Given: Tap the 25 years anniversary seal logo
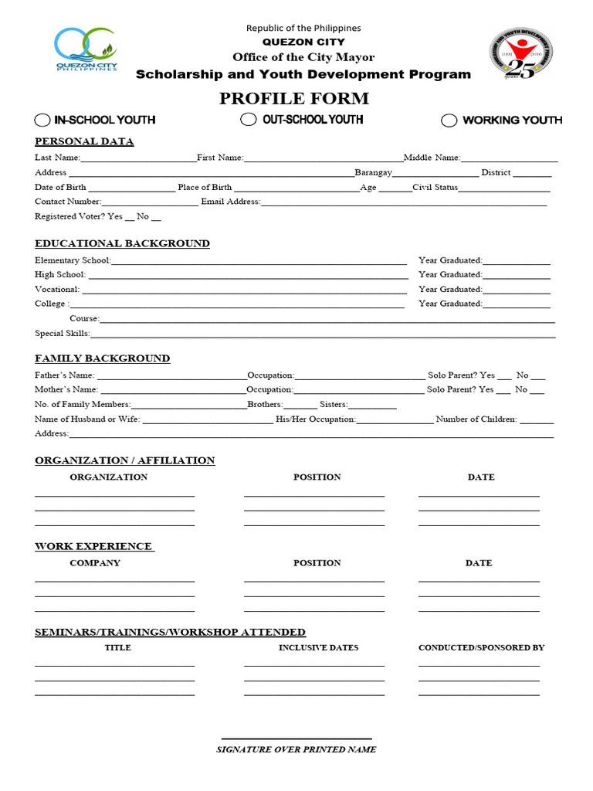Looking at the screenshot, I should [521, 54].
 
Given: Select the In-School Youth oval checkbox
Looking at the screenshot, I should [42, 120].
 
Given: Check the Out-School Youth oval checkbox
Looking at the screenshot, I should [248, 119].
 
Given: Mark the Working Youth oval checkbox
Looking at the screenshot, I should [449, 120].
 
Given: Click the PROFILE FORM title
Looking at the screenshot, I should [294, 99].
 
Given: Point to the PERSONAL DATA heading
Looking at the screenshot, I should [84, 141].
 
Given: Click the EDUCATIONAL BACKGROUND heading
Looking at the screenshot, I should [122, 243].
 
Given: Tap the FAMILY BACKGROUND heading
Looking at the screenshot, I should [102, 358].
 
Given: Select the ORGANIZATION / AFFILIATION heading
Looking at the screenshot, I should [124, 460].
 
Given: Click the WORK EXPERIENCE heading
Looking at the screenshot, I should [94, 546].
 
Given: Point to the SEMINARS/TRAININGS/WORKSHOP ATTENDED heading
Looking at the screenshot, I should [170, 632].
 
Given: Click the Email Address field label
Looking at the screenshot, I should [230, 202].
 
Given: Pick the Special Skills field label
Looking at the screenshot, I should [62, 334].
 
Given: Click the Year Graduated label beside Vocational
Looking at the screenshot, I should [450, 289].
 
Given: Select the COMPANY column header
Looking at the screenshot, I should [95, 563].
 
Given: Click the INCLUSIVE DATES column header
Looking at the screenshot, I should [318, 647].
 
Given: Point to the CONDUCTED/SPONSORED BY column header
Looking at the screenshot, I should [481, 647].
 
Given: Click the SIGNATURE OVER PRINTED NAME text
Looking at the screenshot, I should [296, 749].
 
